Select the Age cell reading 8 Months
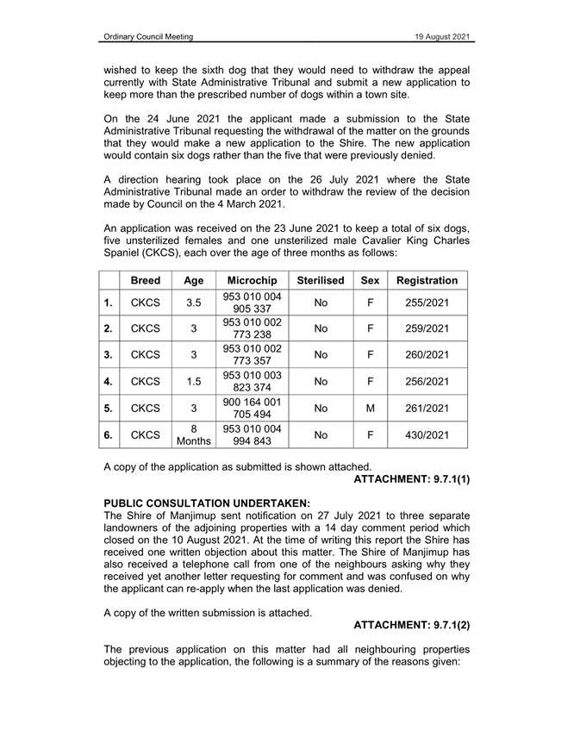194,435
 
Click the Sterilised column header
321,281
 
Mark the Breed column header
147,281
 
